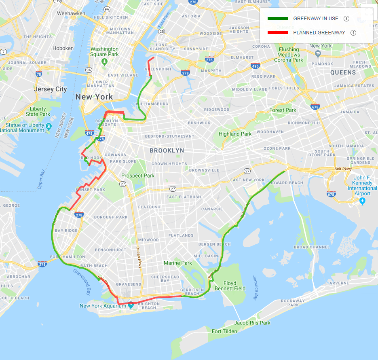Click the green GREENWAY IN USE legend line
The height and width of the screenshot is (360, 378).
click(x=278, y=19)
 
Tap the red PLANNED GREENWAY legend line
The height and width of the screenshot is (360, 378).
click(x=278, y=33)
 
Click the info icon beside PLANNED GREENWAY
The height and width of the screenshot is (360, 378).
click(x=353, y=33)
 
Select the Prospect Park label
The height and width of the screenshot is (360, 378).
click(x=138, y=176)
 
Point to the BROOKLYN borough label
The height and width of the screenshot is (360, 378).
click(x=167, y=150)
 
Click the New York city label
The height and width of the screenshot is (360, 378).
click(x=94, y=97)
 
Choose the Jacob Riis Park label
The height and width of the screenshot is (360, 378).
click(x=252, y=323)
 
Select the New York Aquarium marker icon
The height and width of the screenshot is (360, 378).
click(x=131, y=305)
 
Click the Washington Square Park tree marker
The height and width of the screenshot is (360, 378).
click(x=104, y=61)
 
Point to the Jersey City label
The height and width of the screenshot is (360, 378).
click(x=51, y=89)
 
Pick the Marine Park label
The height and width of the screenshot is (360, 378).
click(x=178, y=263)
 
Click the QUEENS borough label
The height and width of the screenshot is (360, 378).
click(x=343, y=73)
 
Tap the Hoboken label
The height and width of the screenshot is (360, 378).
click(x=63, y=48)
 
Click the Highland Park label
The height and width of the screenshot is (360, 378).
click(x=235, y=134)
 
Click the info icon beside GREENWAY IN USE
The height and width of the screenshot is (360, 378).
click(x=346, y=19)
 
